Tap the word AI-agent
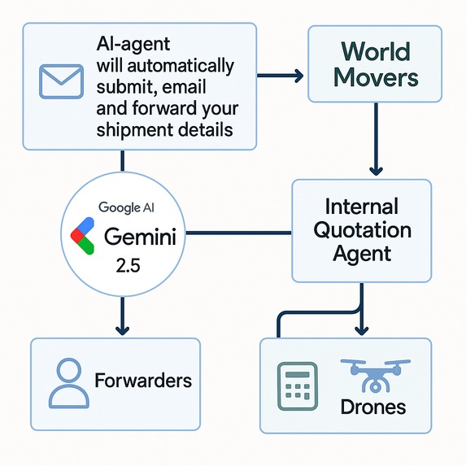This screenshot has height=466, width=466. tap(133, 44)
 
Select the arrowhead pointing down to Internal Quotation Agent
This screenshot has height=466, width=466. tap(376, 171)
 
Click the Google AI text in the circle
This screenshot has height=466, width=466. tap(124, 207)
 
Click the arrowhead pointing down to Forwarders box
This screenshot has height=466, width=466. tap(122, 329)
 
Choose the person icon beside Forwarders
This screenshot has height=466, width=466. tap(67, 382)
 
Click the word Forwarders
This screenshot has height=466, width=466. tap(143, 381)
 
